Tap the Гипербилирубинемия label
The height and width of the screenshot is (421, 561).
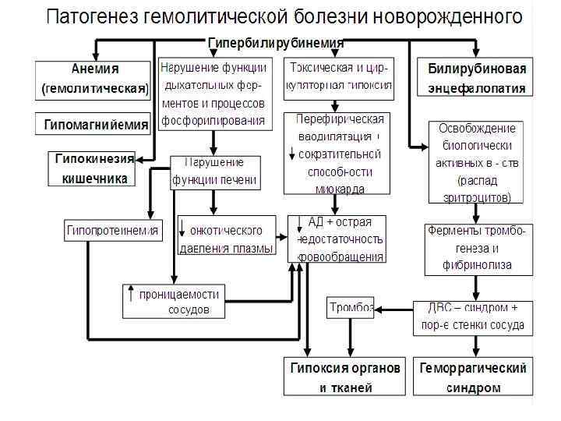click(x=276, y=43)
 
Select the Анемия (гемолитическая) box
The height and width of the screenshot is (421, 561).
click(x=92, y=79)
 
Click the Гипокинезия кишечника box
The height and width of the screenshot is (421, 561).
click(x=92, y=168)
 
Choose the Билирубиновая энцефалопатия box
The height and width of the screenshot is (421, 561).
click(x=475, y=79)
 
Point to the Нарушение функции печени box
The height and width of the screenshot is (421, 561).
click(x=214, y=172)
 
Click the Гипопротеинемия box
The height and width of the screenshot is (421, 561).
click(x=114, y=231)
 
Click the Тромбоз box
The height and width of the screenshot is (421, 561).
click(x=351, y=306)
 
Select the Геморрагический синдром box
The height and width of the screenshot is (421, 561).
click(x=473, y=377)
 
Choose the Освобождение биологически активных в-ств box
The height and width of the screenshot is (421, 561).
click(x=477, y=163)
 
